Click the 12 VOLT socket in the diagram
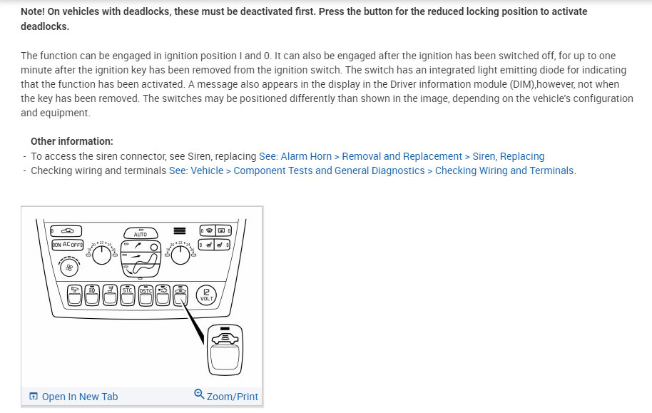coord(206,295)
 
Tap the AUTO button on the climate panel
coord(140,233)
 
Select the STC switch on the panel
coord(128,294)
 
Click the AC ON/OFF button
coord(67,245)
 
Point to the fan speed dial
coord(70,268)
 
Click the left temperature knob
coord(102,254)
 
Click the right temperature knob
coord(181,254)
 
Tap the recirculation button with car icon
coord(67,231)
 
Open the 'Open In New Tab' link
coord(79,397)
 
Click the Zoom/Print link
coord(232,397)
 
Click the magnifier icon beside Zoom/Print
coord(200,395)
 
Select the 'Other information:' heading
coord(71,141)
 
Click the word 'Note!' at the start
coord(34,12)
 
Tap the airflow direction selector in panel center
coord(140,258)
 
